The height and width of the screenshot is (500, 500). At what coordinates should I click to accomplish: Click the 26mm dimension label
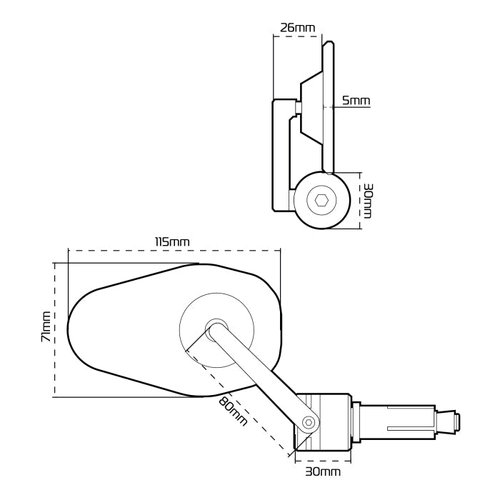pos(297,28)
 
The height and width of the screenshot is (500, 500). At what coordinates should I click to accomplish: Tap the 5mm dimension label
pos(356,101)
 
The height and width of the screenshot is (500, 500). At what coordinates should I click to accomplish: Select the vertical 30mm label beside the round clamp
pos(368,201)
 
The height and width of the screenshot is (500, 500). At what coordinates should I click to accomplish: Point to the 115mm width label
pos(172,241)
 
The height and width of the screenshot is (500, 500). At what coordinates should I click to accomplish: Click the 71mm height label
pos(45,327)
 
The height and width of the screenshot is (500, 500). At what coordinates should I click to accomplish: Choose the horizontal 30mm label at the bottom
pos(323,471)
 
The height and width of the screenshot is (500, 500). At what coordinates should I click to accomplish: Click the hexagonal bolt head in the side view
pos(322,201)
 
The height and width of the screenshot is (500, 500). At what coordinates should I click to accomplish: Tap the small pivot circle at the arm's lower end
pos(309,422)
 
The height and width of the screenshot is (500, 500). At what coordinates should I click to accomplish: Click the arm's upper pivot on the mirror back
pos(214,329)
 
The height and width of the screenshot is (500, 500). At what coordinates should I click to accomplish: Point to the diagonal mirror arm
pos(261,375)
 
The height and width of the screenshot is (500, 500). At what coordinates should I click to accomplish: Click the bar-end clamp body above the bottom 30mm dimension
pos(325,421)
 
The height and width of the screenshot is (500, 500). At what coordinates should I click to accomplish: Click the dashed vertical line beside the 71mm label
pos(55,329)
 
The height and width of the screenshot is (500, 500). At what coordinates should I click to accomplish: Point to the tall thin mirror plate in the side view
pos(329,107)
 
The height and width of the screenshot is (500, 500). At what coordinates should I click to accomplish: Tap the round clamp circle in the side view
pos(322,201)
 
